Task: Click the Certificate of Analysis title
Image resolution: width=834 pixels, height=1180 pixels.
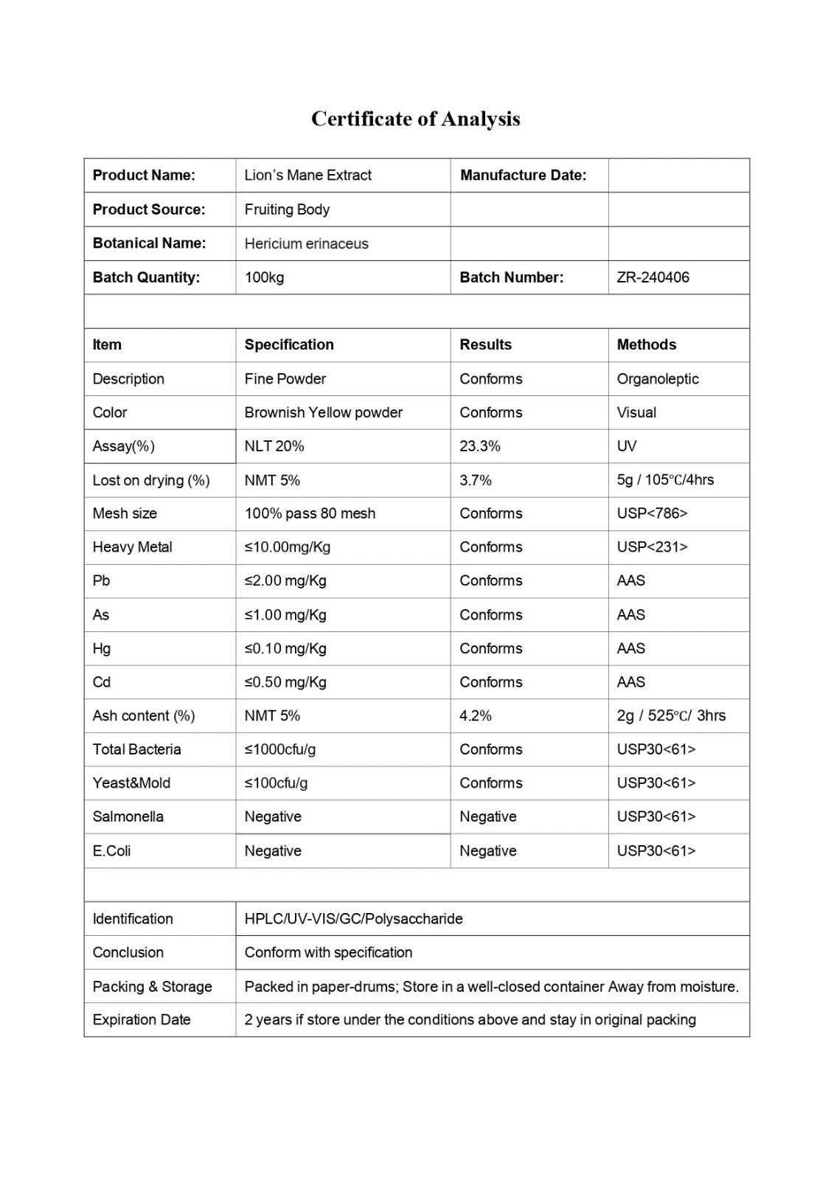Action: coord(415,119)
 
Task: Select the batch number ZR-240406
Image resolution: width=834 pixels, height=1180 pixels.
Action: coord(653,277)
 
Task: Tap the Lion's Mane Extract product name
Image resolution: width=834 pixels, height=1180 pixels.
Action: coord(307,176)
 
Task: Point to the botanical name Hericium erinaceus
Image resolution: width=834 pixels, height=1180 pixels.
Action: coord(306,244)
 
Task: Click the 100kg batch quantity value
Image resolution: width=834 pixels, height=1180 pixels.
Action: coord(264,277)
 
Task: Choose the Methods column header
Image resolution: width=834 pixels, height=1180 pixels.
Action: coord(646,344)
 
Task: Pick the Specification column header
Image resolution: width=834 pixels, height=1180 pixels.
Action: coord(289,344)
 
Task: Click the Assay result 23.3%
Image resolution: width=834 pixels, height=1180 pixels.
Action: coord(479,446)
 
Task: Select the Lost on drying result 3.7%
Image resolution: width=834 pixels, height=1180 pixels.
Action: coord(475,480)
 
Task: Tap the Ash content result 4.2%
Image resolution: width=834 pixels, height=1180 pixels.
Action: coord(475,715)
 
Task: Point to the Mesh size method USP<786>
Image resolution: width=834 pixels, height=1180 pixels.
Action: coord(652,513)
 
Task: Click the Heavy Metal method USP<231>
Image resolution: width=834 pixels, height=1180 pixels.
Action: coord(652,547)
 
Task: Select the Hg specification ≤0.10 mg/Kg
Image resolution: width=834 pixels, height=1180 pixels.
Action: coord(285,648)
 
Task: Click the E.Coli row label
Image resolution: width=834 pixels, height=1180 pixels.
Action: coord(111,850)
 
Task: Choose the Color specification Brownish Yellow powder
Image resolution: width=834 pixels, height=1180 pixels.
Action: coord(323,412)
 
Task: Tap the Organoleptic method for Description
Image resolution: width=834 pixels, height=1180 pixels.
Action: coord(657,379)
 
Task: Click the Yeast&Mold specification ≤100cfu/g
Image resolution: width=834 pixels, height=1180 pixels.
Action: coord(276,782)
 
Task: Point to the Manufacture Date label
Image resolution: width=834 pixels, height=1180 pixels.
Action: coord(523,176)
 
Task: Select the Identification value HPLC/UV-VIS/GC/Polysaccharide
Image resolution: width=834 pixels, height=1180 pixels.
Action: coord(353,919)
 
